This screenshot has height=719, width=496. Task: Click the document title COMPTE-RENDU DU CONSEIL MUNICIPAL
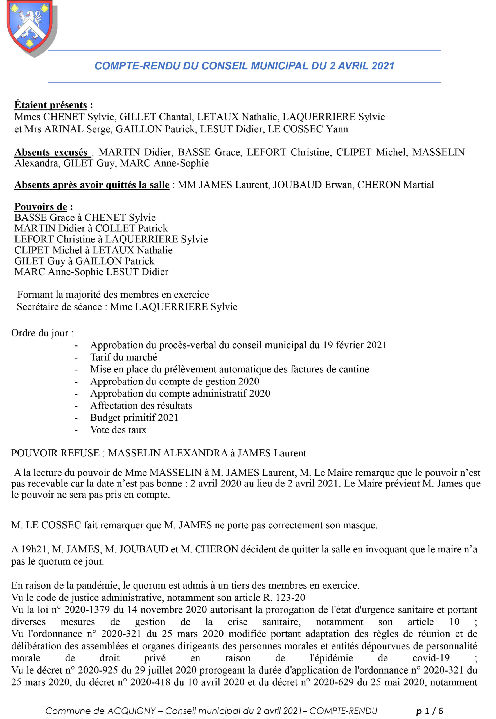tap(244, 66)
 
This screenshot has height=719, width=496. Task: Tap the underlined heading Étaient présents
tap(51, 105)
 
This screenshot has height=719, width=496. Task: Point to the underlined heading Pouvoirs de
tap(41, 206)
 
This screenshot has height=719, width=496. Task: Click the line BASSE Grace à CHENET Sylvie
tap(85, 217)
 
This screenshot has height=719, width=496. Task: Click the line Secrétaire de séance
tap(127, 307)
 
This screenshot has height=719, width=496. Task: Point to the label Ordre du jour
tap(42, 333)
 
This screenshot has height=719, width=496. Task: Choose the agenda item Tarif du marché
tap(123, 357)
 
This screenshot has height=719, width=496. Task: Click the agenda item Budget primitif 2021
tap(134, 418)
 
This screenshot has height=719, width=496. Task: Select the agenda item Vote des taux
tap(118, 430)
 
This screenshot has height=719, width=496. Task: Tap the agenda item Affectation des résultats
tap(141, 406)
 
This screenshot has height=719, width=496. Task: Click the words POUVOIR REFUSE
tap(55, 453)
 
